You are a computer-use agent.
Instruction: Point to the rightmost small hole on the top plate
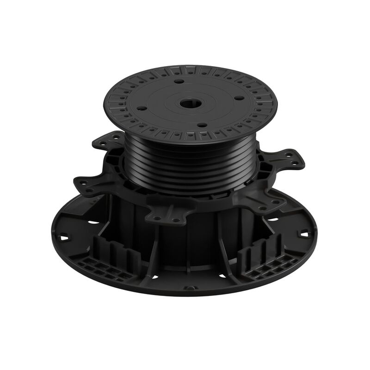point(239,98)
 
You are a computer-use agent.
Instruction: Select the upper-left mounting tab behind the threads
point(109,142)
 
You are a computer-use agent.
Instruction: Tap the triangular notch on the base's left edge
point(64,238)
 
